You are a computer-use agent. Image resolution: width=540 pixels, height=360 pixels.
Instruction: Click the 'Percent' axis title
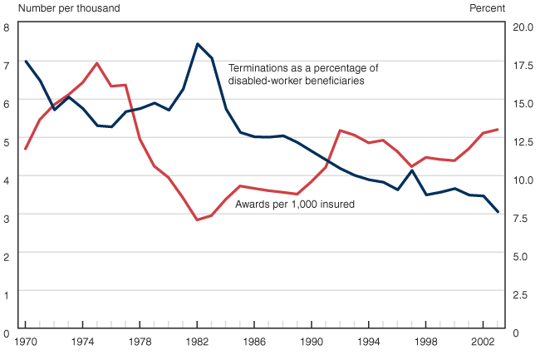click(x=487, y=8)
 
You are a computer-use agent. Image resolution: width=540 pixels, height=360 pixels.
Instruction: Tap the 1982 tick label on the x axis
click(x=197, y=342)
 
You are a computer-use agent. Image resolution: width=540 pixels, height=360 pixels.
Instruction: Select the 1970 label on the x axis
click(x=26, y=342)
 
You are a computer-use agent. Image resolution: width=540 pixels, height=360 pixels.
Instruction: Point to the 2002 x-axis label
click(x=484, y=342)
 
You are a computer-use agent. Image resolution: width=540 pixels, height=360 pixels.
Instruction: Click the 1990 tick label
click(x=312, y=342)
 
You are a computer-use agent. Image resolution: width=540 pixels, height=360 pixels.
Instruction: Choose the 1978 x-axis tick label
click(x=140, y=342)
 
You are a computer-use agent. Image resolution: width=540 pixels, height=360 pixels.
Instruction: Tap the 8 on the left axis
click(x=7, y=27)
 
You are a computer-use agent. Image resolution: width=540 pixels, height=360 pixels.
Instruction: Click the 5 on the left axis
click(x=7, y=141)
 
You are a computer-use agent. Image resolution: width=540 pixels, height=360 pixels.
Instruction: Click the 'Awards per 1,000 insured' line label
click(x=295, y=204)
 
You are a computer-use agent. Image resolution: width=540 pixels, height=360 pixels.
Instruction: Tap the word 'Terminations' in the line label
click(x=258, y=68)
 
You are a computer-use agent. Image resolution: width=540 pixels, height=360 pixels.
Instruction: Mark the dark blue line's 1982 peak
click(x=197, y=43)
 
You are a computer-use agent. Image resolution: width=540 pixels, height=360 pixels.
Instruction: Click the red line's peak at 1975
click(x=97, y=63)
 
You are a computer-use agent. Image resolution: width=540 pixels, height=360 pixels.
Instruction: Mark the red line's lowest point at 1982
click(x=197, y=220)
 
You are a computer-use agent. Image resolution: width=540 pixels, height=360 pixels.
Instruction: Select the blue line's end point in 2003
click(x=498, y=212)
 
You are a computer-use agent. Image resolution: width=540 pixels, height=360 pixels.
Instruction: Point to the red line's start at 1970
click(x=26, y=149)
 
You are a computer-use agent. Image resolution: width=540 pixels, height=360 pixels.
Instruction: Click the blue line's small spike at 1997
click(x=412, y=170)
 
